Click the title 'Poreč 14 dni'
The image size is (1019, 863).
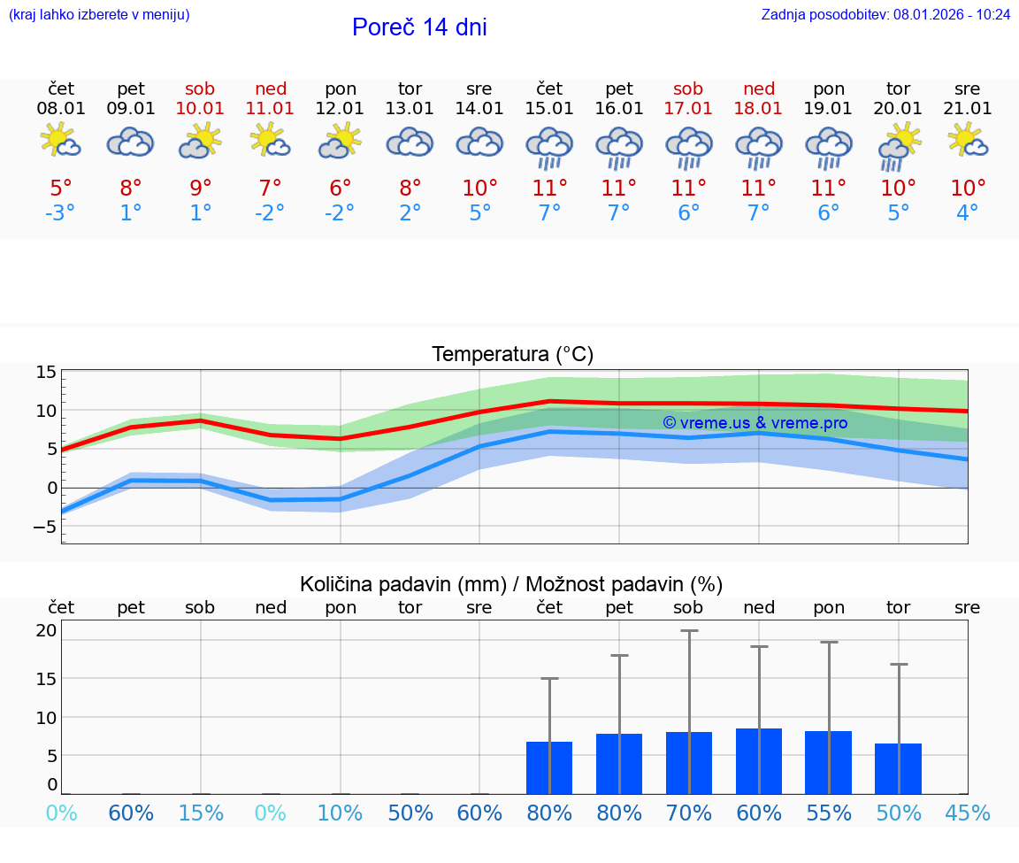point(419,27)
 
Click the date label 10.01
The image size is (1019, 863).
point(201,109)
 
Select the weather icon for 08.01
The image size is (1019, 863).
point(61,142)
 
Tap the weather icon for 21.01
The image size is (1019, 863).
point(968,142)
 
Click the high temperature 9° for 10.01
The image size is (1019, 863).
point(201,189)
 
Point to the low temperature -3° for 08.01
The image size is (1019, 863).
point(61,213)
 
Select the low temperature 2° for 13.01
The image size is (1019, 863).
point(410,213)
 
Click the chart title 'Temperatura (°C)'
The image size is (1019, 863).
point(512,355)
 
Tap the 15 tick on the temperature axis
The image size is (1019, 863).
point(46,373)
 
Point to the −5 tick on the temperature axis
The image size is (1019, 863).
point(46,527)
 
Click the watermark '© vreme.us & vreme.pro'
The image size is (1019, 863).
point(755,423)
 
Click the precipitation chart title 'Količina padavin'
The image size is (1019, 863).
point(511,584)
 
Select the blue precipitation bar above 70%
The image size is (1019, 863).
point(689,763)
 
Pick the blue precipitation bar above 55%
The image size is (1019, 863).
point(829,762)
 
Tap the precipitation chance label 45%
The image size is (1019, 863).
point(968,813)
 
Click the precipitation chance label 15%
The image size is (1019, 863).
point(201,813)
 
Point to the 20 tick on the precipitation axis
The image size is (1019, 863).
point(46,631)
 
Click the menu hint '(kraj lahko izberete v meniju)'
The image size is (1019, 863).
point(99,14)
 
